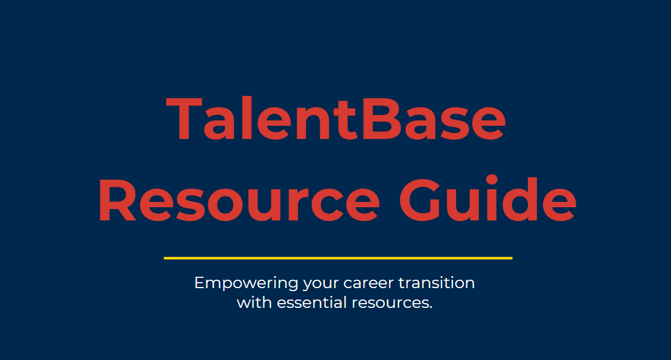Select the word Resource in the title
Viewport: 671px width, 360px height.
238,200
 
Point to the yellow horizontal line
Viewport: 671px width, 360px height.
338,258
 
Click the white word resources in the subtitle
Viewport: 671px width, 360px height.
390,303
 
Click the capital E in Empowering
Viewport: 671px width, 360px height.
199,283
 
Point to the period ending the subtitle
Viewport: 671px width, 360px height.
430,307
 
